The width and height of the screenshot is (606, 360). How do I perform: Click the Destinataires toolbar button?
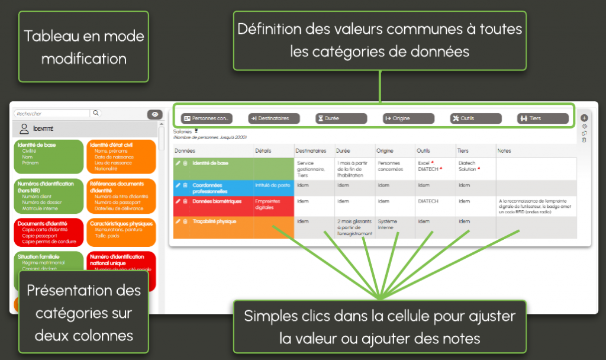(273, 118)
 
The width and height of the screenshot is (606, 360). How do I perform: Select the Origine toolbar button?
(408, 118)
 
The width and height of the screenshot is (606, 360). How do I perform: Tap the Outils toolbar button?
(476, 118)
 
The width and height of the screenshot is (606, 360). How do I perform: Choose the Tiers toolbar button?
(543, 118)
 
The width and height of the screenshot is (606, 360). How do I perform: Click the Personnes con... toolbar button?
(207, 118)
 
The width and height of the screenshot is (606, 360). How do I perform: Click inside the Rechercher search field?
(52, 113)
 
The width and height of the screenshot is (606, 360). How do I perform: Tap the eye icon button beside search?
(154, 114)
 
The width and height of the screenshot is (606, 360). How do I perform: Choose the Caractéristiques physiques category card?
(121, 232)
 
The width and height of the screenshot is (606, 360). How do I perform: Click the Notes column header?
(505, 151)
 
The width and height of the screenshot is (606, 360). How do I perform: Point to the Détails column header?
(263, 151)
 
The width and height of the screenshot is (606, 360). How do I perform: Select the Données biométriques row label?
(217, 202)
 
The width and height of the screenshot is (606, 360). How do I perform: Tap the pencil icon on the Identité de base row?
(178, 163)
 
